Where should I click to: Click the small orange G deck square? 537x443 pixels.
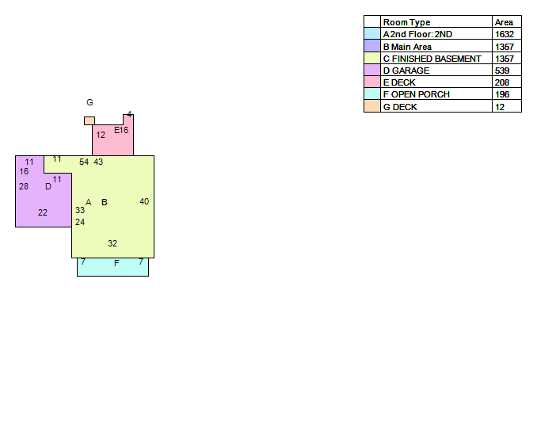click(x=89, y=120)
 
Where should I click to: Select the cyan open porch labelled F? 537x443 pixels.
click(x=112, y=267)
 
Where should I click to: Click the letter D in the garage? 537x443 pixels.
click(x=48, y=186)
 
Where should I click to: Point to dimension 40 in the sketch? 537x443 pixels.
click(x=144, y=201)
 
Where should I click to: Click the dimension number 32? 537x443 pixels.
click(x=112, y=243)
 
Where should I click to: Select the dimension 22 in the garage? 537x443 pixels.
click(x=43, y=212)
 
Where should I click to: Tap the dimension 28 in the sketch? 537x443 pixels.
click(x=24, y=186)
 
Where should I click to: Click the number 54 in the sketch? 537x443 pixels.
click(x=84, y=162)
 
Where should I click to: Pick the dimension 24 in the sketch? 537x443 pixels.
click(x=80, y=222)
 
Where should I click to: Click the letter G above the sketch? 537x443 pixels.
click(x=89, y=102)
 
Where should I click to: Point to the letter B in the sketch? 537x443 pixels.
click(x=105, y=202)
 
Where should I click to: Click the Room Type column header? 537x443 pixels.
click(x=406, y=22)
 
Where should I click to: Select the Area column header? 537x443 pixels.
click(x=504, y=22)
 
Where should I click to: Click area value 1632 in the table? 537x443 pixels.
click(x=505, y=34)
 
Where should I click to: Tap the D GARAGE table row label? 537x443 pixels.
click(x=406, y=71)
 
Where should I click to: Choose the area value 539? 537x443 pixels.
click(x=502, y=71)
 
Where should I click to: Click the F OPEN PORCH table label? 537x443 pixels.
click(x=417, y=94)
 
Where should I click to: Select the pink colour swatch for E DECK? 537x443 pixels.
click(x=372, y=82)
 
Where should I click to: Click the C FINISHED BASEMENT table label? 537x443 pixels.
click(x=432, y=59)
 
